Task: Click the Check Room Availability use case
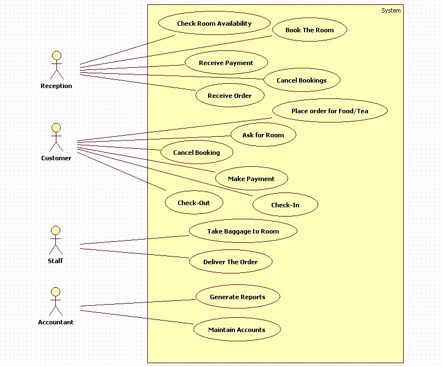pyautogui.click(x=214, y=23)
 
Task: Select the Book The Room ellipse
pyautogui.click(x=309, y=30)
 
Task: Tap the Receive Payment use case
pyautogui.click(x=226, y=62)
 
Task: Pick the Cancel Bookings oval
pyautogui.click(x=302, y=80)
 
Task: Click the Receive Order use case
pyautogui.click(x=230, y=95)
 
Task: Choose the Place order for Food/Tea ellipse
pyautogui.click(x=330, y=110)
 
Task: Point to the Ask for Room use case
pyautogui.click(x=263, y=135)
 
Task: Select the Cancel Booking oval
pyautogui.click(x=197, y=152)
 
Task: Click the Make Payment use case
pyautogui.click(x=251, y=178)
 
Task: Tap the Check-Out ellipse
pyautogui.click(x=194, y=202)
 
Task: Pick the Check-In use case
pyautogui.click(x=285, y=205)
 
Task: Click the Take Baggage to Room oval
pyautogui.click(x=243, y=231)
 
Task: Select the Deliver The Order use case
pyautogui.click(x=231, y=261)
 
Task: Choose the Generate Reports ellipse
pyautogui.click(x=238, y=296)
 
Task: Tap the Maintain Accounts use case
pyautogui.click(x=237, y=329)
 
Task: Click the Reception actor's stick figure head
pyautogui.click(x=56, y=55)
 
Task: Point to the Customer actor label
pyautogui.click(x=56, y=158)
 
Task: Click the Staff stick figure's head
pyautogui.click(x=55, y=230)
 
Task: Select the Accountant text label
pyautogui.click(x=56, y=322)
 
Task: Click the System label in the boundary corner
pyautogui.click(x=391, y=11)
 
